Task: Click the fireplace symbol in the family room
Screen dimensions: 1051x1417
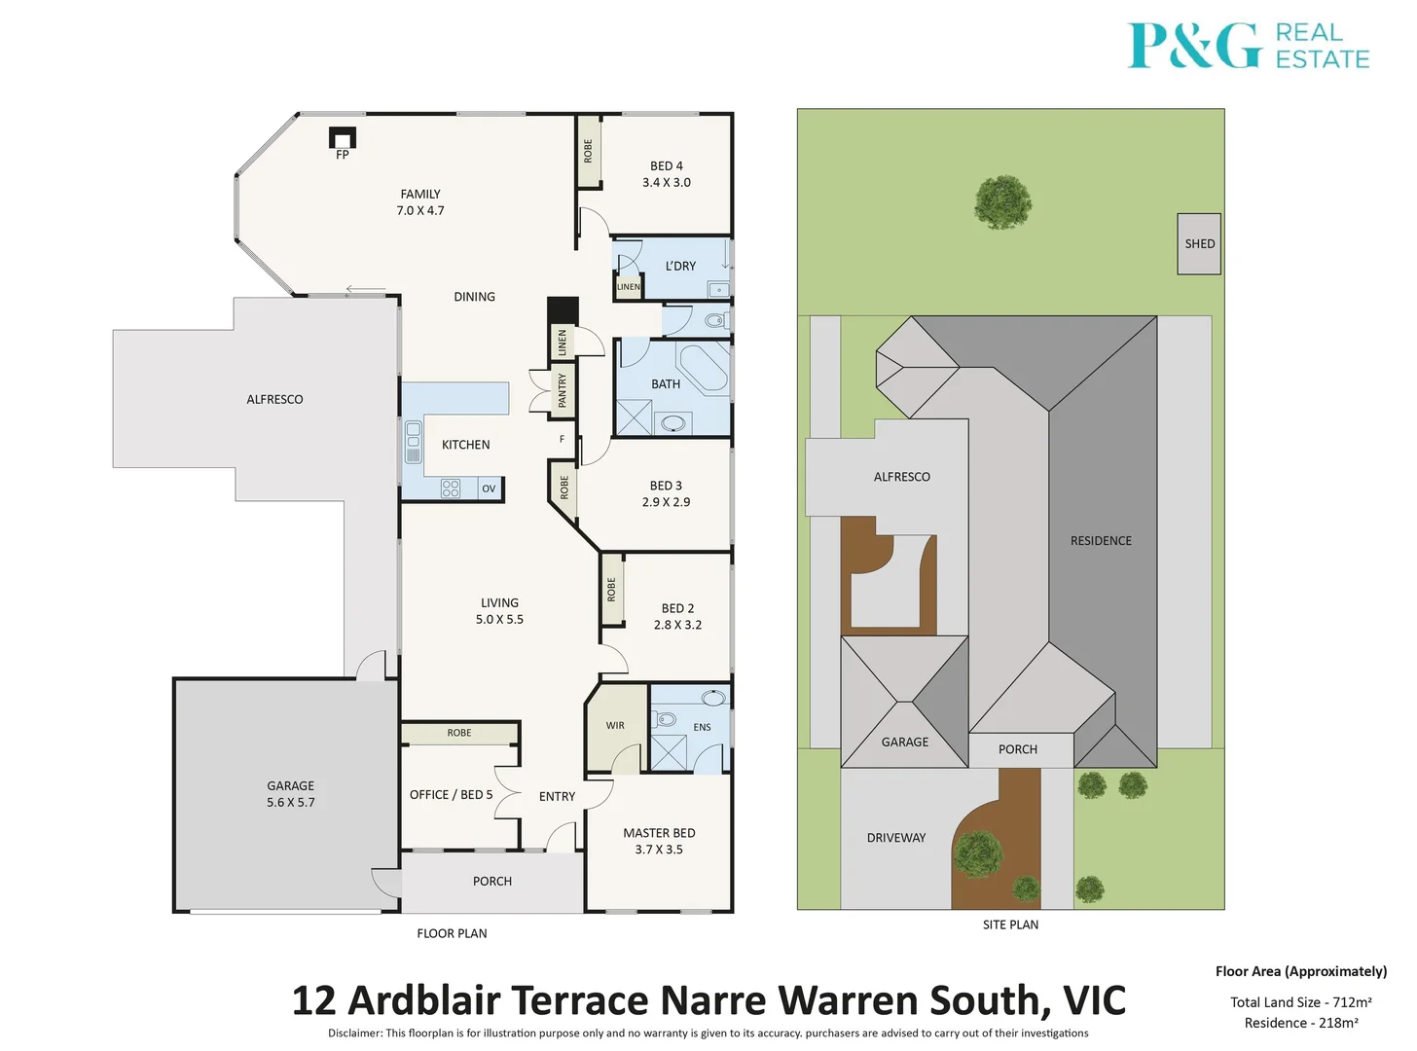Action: tap(343, 137)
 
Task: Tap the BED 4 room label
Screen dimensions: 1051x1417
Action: tap(667, 166)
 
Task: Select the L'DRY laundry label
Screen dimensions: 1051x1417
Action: tap(680, 266)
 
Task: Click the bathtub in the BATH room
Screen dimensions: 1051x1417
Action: tap(703, 368)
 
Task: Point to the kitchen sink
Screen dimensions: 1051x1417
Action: tap(414, 443)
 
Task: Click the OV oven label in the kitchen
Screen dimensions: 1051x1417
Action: tap(489, 489)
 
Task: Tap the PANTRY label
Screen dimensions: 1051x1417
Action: tap(562, 390)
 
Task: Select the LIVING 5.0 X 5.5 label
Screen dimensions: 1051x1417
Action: tap(499, 611)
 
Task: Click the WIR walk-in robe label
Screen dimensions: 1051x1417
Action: tap(615, 725)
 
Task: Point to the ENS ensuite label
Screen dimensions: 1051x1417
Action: tap(702, 727)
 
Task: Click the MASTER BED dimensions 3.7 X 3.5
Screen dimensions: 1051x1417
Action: tap(659, 850)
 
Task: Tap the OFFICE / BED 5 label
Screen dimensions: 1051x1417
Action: tap(451, 795)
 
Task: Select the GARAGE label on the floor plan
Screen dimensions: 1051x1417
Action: tap(290, 786)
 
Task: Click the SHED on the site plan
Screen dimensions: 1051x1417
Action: tap(1199, 244)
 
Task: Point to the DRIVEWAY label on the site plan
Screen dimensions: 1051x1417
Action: tap(896, 838)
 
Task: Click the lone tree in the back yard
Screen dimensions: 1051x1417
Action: tap(1002, 201)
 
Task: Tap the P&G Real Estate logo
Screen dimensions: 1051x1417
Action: tap(1248, 46)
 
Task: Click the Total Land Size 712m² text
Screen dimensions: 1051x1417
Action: tap(1300, 1002)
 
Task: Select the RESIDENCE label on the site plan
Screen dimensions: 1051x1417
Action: tap(1101, 541)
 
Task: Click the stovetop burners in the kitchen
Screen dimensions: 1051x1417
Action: tap(451, 489)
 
